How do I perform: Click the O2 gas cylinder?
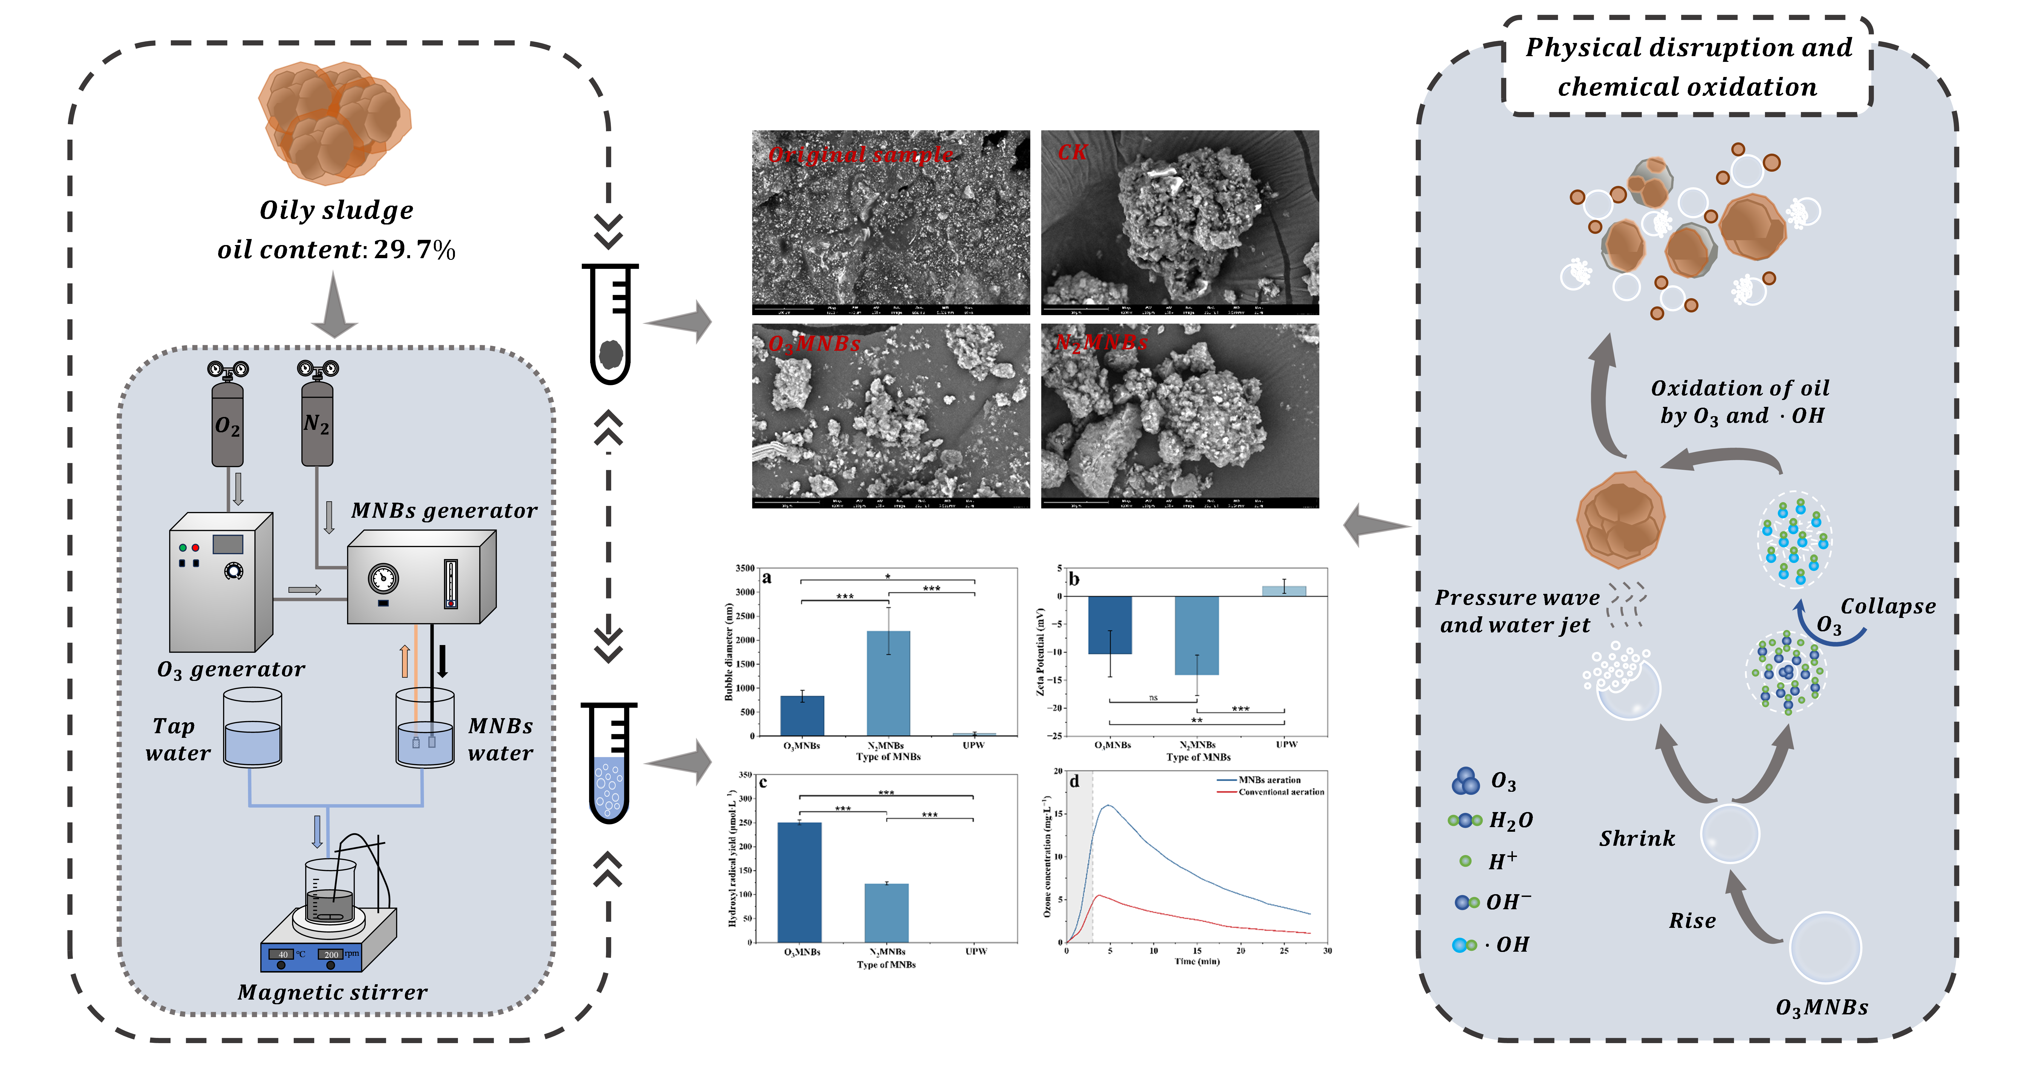(x=227, y=425)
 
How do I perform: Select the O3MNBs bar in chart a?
(x=802, y=715)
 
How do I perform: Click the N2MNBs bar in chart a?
(x=888, y=683)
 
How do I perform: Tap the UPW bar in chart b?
(x=1284, y=591)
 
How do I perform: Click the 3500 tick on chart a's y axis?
(x=745, y=568)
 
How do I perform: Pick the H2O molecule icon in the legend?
(x=1464, y=820)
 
